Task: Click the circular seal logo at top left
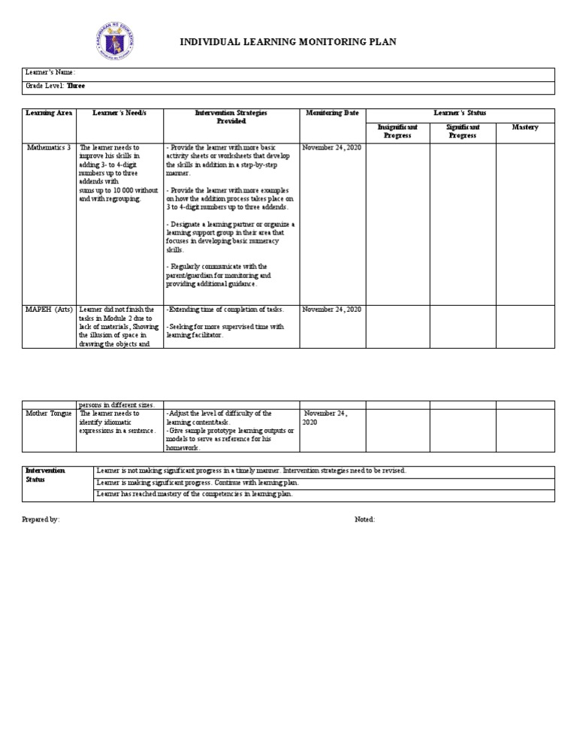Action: [x=118, y=42]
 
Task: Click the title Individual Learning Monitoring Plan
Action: [x=288, y=42]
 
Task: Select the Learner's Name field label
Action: [x=50, y=73]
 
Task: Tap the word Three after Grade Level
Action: [x=76, y=86]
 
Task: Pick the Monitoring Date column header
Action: [x=332, y=113]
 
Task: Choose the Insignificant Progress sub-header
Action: [x=397, y=132]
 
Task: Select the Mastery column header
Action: [x=525, y=128]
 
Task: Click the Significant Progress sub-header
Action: [x=462, y=132]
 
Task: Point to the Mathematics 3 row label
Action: [x=49, y=148]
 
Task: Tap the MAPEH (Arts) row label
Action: [x=49, y=310]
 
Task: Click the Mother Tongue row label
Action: [x=49, y=413]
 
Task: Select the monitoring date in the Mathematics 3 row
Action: [x=332, y=148]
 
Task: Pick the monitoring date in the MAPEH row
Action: [x=332, y=310]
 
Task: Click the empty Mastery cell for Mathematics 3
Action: [x=525, y=221]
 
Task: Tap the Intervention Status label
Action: [x=46, y=475]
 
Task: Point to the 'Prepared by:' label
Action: [x=41, y=519]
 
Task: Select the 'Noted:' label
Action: [x=364, y=519]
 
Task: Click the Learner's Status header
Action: [x=460, y=113]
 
